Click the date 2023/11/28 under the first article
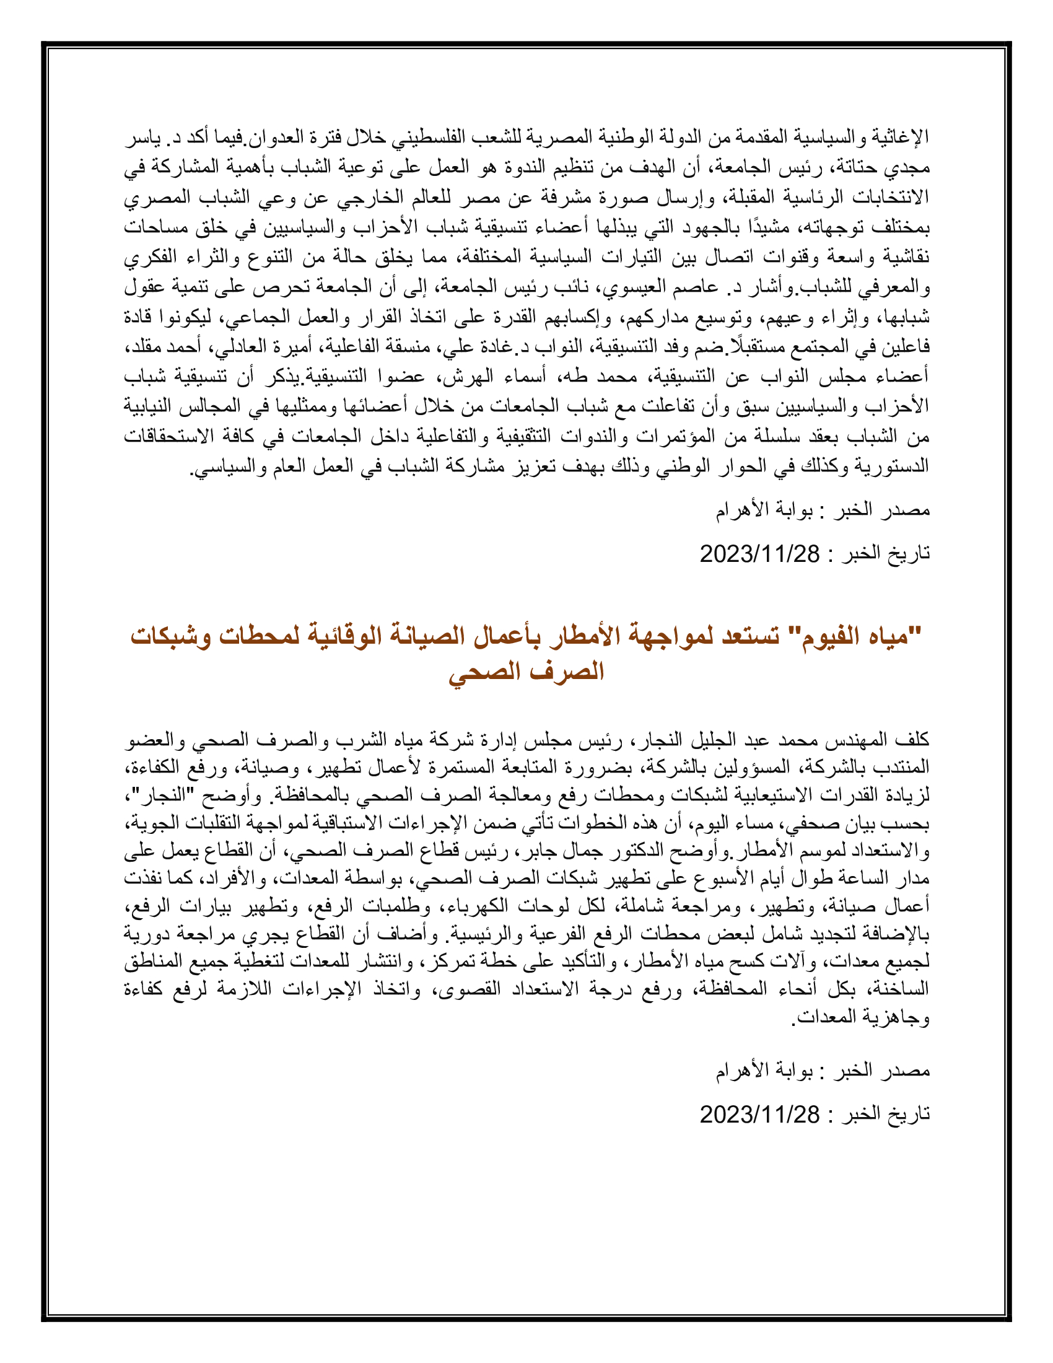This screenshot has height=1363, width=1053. pos(759,553)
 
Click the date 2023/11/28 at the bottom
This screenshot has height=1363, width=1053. pos(759,1115)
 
